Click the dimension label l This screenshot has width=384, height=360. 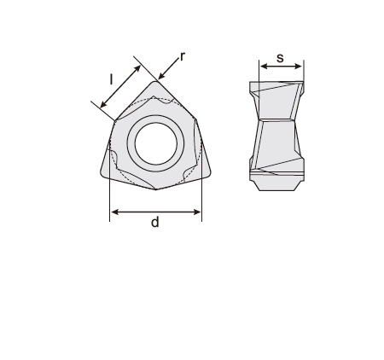pos(111,79)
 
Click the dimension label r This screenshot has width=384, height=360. pos(183,56)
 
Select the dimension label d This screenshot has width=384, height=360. pos(155,222)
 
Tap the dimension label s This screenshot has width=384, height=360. pos(280,58)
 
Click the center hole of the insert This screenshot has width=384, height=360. pos(156,143)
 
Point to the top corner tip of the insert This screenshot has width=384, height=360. pos(155,82)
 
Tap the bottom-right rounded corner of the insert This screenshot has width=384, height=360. pos(208,173)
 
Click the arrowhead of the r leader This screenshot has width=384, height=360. pos(161,76)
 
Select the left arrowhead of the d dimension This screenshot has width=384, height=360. pos(114,212)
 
